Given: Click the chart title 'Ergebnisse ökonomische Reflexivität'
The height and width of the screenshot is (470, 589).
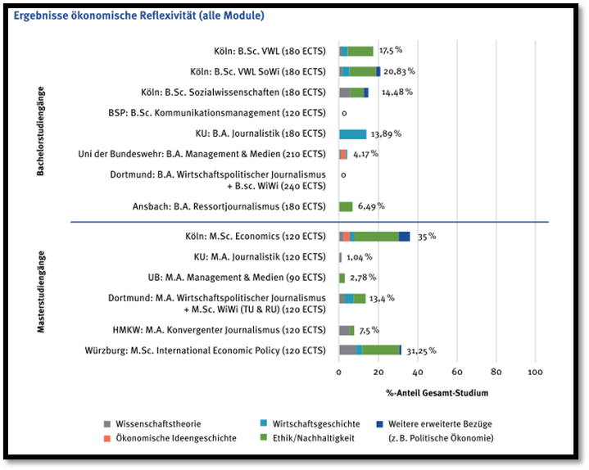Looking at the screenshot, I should (x=139, y=16).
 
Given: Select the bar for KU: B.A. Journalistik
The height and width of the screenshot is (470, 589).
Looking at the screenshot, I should (x=352, y=133).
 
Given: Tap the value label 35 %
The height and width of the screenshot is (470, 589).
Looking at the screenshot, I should (x=426, y=236).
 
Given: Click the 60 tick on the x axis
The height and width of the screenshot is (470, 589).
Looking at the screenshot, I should (x=457, y=372).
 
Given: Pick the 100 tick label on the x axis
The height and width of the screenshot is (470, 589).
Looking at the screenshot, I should (x=536, y=372).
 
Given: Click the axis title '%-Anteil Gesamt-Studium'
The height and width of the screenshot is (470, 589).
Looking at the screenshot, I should (x=437, y=393).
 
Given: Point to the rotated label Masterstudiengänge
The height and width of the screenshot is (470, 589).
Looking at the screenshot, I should (x=41, y=291).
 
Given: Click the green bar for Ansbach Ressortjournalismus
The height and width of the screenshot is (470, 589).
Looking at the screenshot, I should (x=346, y=206).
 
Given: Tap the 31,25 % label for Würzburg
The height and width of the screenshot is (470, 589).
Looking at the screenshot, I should (x=419, y=350).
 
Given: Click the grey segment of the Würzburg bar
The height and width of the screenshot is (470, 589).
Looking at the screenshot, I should (x=347, y=350).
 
